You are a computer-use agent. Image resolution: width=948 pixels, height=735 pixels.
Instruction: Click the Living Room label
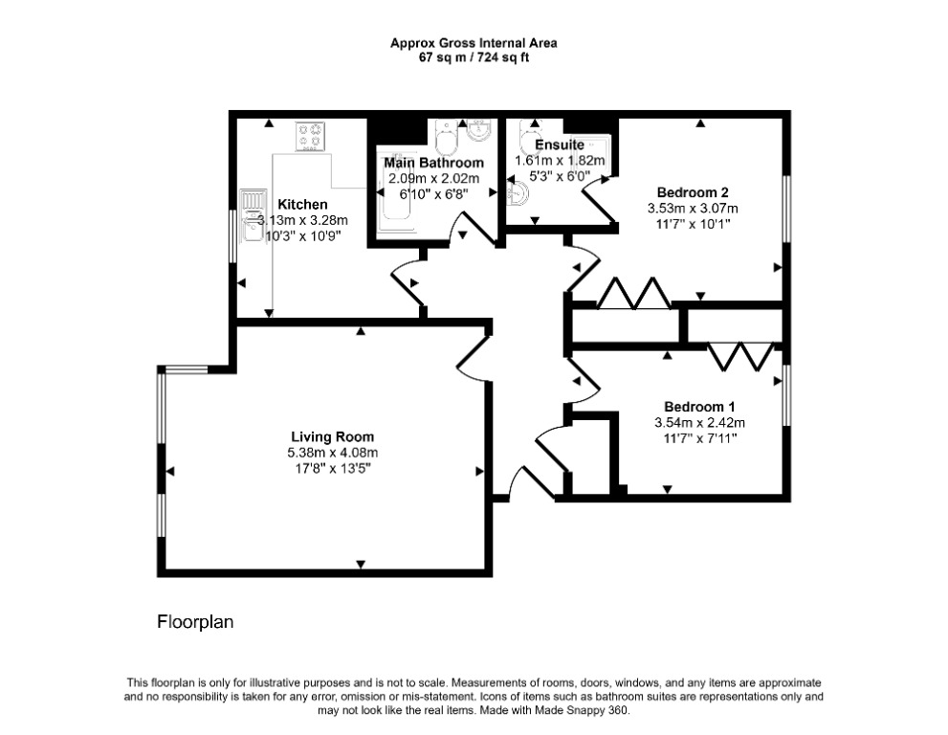point(333,436)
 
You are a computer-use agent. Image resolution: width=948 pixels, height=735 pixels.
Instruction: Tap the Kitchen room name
point(302,205)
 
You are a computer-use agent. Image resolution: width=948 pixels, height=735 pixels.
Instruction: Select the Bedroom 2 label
point(693,192)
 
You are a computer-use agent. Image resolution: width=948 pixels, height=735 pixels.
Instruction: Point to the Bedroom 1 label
point(699,407)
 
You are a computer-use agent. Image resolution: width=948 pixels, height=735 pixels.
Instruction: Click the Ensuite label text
point(560,145)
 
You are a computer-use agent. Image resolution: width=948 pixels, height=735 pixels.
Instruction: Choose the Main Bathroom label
point(434,163)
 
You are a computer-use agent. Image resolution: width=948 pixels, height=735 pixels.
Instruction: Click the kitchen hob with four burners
point(310,136)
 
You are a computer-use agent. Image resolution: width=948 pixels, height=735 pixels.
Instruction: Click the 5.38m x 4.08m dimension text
point(333,453)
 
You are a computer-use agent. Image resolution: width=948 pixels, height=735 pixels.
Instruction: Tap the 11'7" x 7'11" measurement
point(699,438)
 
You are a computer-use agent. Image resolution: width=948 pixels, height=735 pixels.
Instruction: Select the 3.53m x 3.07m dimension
point(693,209)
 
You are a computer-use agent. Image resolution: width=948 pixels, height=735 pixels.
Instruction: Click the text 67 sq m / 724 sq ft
point(474,58)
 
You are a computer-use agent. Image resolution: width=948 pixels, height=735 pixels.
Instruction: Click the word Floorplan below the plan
point(195,622)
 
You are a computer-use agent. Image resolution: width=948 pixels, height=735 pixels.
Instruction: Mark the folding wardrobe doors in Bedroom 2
point(633,294)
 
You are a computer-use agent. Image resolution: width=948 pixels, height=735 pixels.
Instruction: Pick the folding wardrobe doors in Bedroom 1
point(740,357)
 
